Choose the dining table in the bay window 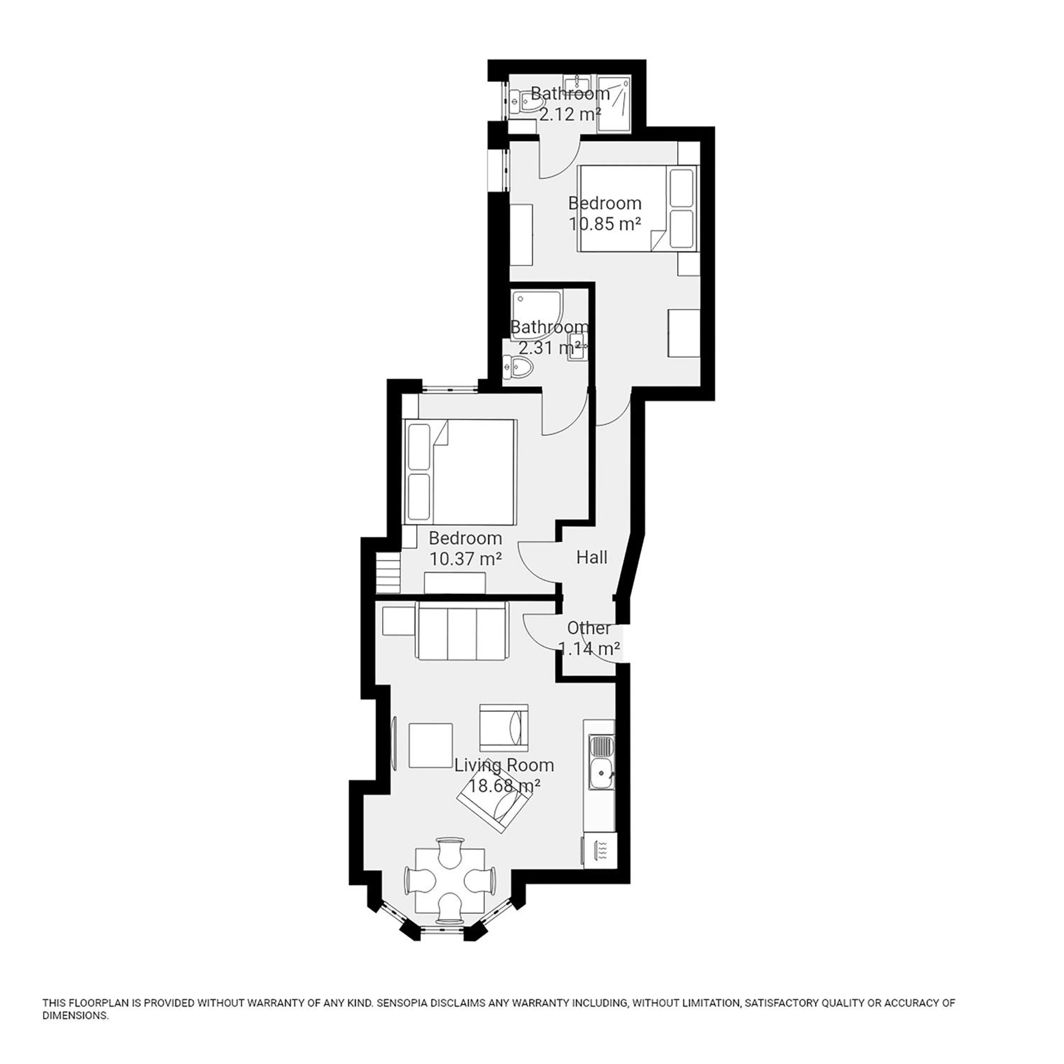450,881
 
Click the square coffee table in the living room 430,745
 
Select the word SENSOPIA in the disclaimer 408,1003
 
